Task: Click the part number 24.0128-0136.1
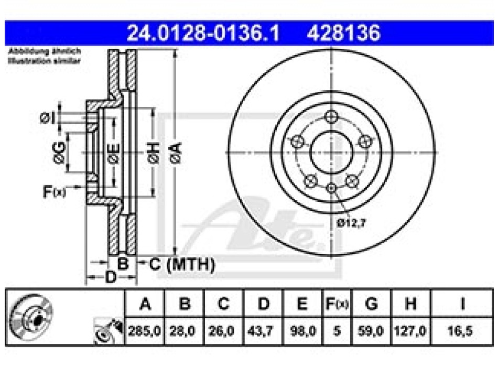[203, 33]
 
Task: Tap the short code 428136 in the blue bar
[343, 33]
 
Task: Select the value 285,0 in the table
[145, 331]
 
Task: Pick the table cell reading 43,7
[260, 331]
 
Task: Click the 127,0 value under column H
[410, 331]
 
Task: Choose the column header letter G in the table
[371, 304]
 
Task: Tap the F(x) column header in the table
[337, 304]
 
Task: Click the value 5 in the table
[337, 331]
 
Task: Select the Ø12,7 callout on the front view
[351, 223]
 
